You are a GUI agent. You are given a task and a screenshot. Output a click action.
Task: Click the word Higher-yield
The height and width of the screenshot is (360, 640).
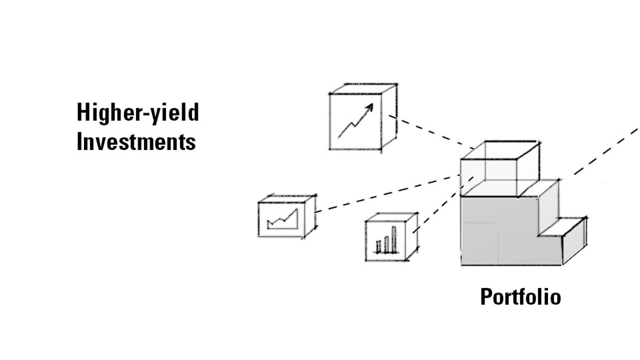tap(138, 113)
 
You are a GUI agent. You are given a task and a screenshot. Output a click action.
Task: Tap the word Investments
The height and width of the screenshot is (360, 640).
tap(136, 141)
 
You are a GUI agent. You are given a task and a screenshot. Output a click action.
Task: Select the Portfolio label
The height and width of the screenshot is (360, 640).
tap(520, 296)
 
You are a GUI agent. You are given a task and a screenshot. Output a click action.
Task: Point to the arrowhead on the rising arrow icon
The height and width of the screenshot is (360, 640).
tap(370, 107)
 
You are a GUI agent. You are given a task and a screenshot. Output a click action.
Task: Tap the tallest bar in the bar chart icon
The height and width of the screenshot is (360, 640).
tap(394, 239)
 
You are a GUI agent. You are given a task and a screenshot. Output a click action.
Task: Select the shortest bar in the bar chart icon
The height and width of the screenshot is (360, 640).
tap(378, 246)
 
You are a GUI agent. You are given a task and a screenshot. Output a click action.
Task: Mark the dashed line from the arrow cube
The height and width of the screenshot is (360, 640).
tap(430, 132)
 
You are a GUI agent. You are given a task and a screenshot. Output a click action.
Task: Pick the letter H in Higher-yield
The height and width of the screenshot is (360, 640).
tap(82, 112)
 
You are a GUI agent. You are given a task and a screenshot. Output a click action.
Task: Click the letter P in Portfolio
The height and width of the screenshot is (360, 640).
tap(486, 297)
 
